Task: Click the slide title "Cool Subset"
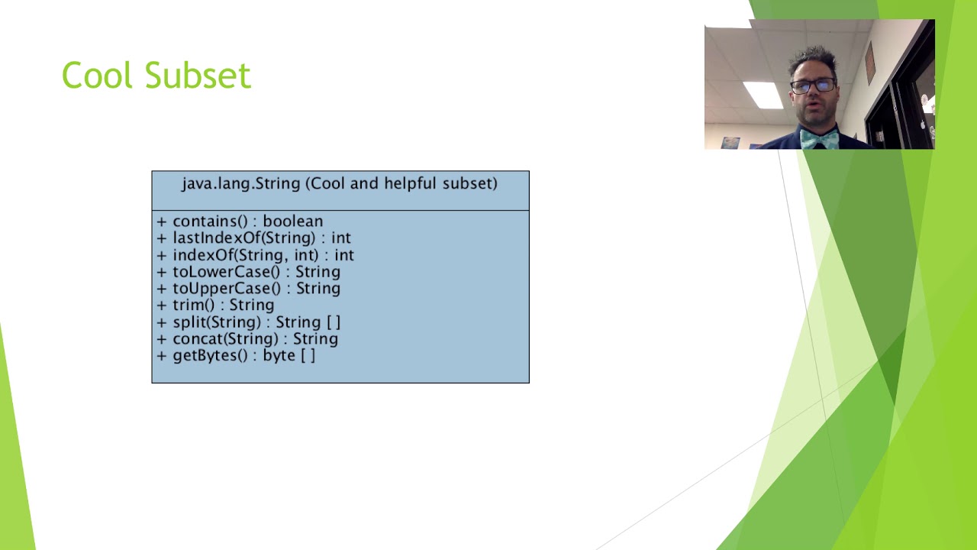coord(156,75)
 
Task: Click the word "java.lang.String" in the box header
coord(241,183)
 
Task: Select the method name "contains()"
coord(210,222)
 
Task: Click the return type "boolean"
coord(292,222)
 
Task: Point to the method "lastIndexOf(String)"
coord(243,238)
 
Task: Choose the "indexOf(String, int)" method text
coord(246,255)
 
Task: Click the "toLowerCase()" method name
coord(227,272)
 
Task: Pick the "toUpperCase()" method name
coord(227,289)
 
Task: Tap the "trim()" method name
coord(194,305)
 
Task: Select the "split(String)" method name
coord(217,322)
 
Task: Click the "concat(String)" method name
coord(225,338)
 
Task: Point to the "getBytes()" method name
coord(210,356)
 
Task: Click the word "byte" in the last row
coord(279,356)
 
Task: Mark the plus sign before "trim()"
coord(162,306)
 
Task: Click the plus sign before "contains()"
coord(162,222)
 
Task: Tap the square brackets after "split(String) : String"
coord(334,322)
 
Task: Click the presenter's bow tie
coord(819,139)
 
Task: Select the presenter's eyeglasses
coord(813,86)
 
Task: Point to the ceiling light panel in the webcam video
coord(763,95)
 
